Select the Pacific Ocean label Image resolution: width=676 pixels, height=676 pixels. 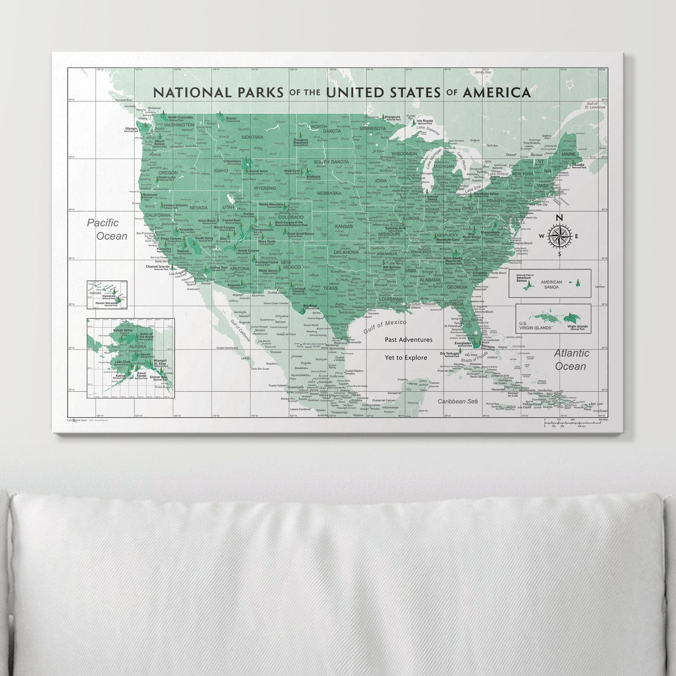pyautogui.click(x=108, y=230)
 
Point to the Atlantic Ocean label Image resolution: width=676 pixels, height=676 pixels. pyautogui.click(x=571, y=359)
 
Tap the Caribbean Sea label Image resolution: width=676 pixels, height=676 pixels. pyautogui.click(x=457, y=401)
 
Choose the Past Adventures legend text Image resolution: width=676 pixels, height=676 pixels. pyautogui.click(x=409, y=340)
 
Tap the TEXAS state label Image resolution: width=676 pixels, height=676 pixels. pyautogui.click(x=330, y=288)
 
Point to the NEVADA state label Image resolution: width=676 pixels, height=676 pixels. pyautogui.click(x=199, y=207)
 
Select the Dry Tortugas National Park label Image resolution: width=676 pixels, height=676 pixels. pyautogui.click(x=450, y=355)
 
